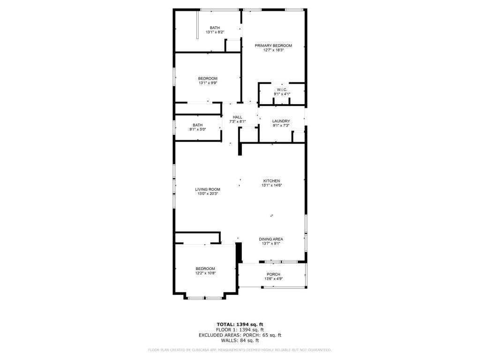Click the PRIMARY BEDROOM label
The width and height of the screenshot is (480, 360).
pyautogui.click(x=273, y=45)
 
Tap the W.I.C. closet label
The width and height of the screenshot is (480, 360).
pyautogui.click(x=282, y=90)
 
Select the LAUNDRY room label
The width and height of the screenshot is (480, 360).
pyautogui.click(x=281, y=121)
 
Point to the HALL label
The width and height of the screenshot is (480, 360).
pyautogui.click(x=238, y=117)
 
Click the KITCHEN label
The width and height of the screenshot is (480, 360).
pyautogui.click(x=271, y=181)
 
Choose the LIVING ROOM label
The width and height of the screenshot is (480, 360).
pyautogui.click(x=208, y=189)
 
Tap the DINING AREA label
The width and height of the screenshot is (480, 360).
pyautogui.click(x=271, y=240)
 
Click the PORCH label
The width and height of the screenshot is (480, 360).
pyautogui.click(x=273, y=274)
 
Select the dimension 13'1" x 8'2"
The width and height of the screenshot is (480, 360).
pyautogui.click(x=215, y=32)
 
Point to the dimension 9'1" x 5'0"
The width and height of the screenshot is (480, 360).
pyautogui.click(x=198, y=129)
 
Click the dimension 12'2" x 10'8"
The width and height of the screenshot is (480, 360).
pyautogui.click(x=206, y=273)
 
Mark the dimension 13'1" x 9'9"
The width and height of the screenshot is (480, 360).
pyautogui.click(x=208, y=83)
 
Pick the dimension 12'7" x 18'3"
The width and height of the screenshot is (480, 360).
pyautogui.click(x=273, y=50)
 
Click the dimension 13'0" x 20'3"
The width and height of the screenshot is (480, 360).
pyautogui.click(x=208, y=194)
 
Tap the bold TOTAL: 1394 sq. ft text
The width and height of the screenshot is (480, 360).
pyautogui.click(x=240, y=324)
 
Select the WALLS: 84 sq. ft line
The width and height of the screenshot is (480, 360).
pyautogui.click(x=240, y=340)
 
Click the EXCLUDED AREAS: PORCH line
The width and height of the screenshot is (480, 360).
pyautogui.click(x=240, y=335)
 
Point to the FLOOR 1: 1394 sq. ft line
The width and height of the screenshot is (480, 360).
pyautogui.click(x=240, y=330)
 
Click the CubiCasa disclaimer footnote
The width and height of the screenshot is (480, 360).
pyautogui.click(x=240, y=350)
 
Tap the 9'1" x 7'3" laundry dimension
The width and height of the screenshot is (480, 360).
pyautogui.click(x=281, y=126)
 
